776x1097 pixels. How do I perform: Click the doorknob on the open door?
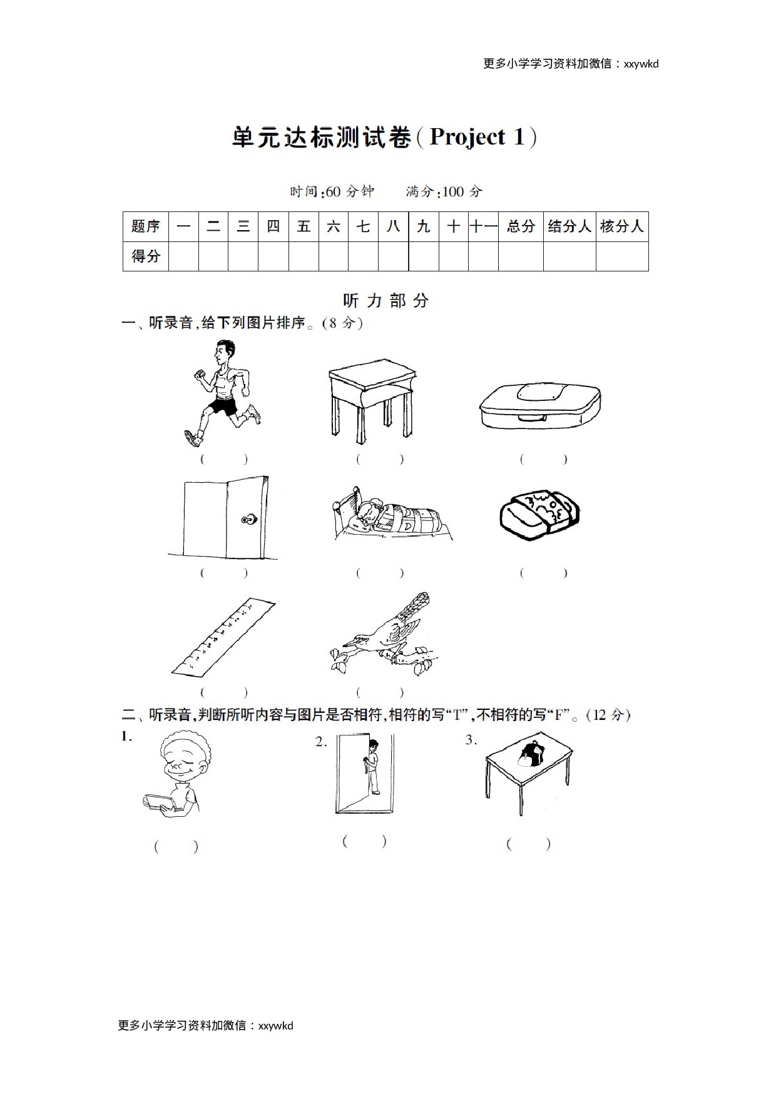(249, 518)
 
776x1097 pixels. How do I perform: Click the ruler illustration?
(223, 637)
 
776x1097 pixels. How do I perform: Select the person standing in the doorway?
(372, 766)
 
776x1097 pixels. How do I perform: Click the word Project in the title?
(467, 137)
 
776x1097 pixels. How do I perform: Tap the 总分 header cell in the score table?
(521, 226)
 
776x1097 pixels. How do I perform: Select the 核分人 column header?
(621, 226)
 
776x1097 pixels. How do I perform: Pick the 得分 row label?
(146, 256)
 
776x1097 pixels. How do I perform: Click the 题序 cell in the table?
(146, 226)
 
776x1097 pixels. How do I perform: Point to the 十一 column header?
(483, 226)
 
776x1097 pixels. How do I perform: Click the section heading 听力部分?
(386, 301)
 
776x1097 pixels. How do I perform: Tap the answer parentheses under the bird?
(380, 692)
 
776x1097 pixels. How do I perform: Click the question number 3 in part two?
(471, 741)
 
